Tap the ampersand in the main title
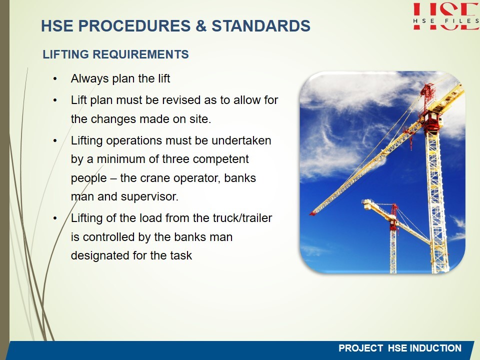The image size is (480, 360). coord(201,25)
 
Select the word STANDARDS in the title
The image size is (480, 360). coord(261,25)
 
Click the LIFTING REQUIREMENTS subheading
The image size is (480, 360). coord(115,54)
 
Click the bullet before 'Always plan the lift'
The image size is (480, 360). coord(55,78)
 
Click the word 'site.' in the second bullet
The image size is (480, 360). coord(200,119)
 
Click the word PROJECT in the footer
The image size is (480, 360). coord(360,348)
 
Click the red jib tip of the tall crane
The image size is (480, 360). coord(313,213)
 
